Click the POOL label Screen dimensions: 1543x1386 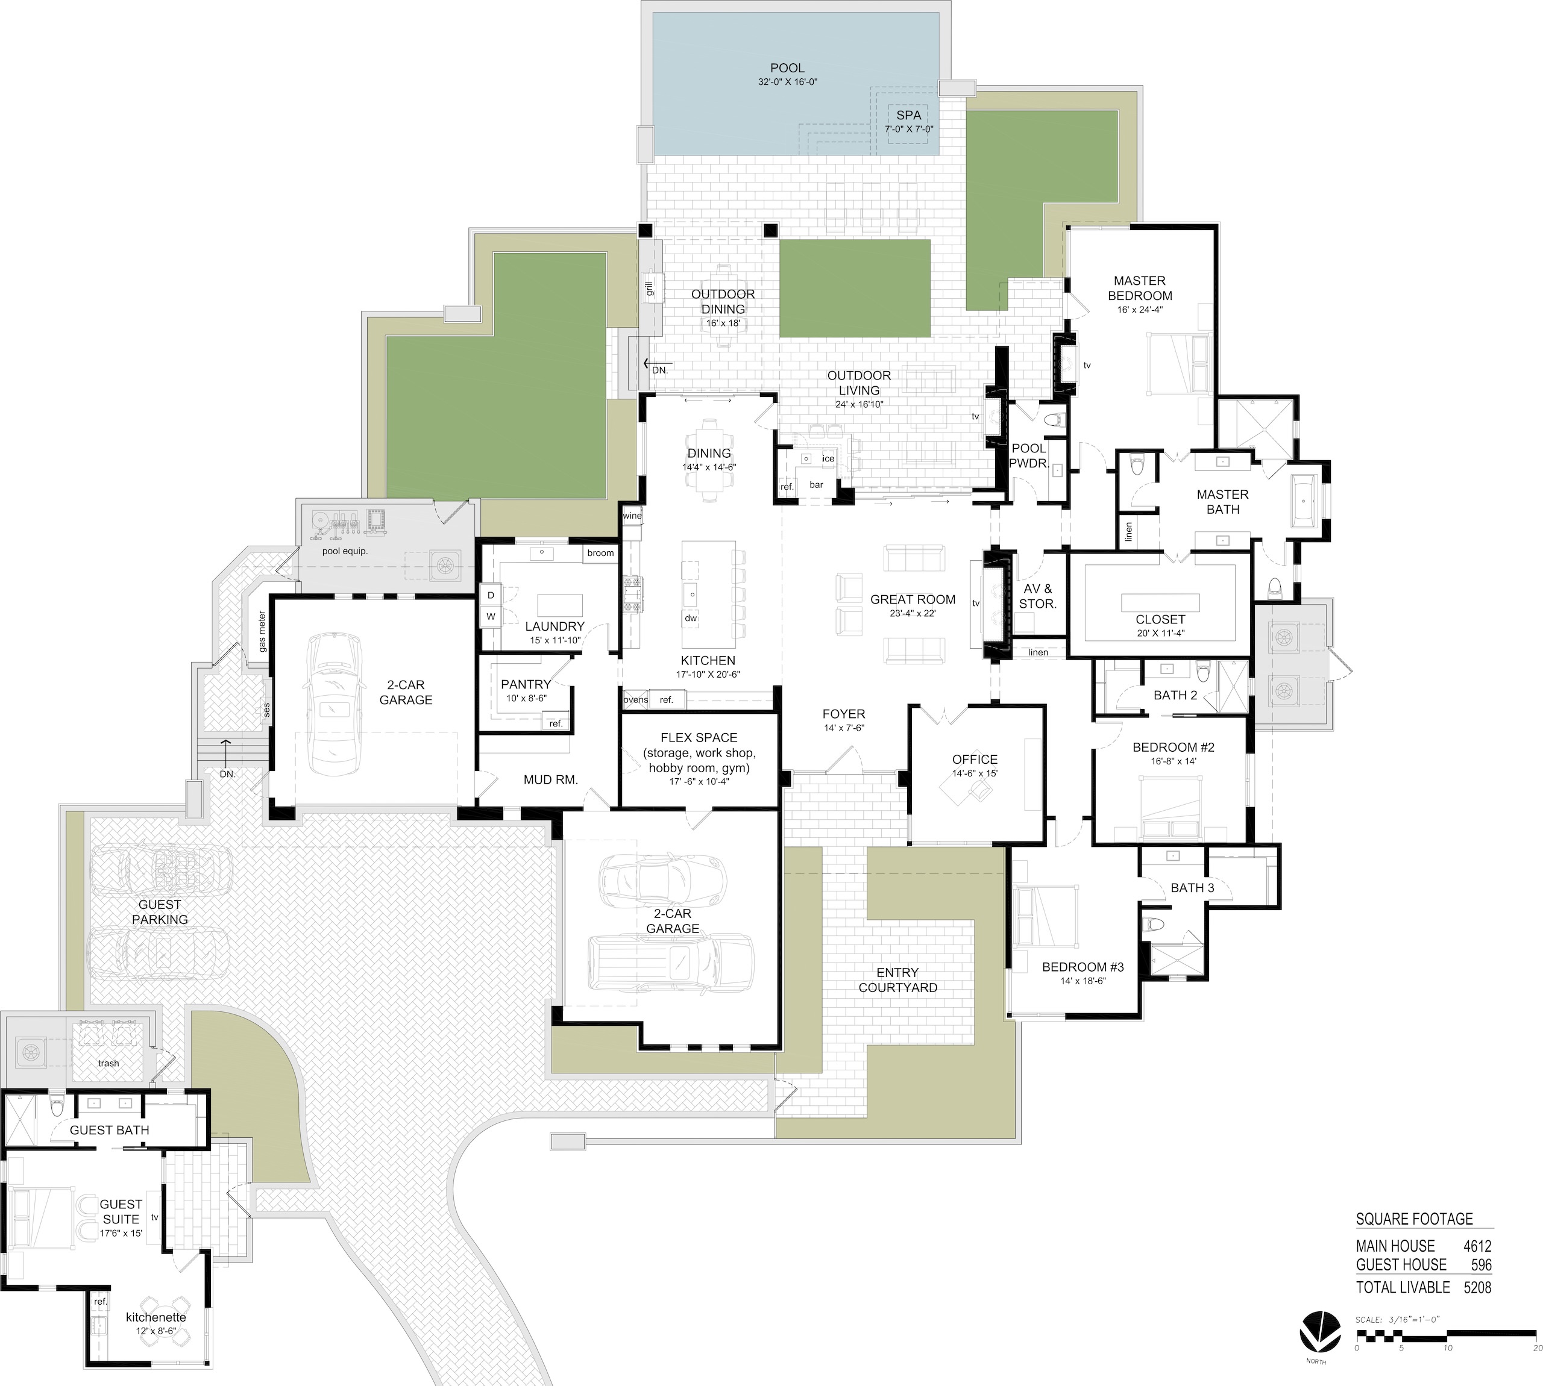click(x=787, y=68)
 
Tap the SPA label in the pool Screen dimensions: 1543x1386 click(x=908, y=115)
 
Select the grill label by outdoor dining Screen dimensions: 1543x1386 click(x=649, y=289)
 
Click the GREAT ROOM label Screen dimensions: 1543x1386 click(x=913, y=599)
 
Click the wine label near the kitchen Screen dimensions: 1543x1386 click(x=632, y=516)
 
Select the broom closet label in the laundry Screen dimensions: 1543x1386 click(x=600, y=553)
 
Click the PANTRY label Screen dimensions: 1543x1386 click(x=526, y=685)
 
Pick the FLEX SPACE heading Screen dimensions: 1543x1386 click(x=699, y=737)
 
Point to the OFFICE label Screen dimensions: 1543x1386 click(x=975, y=759)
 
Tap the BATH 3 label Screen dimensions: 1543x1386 click(x=1192, y=887)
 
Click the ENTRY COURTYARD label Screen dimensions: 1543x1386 click(x=897, y=979)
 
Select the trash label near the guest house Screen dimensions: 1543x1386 click(x=108, y=1063)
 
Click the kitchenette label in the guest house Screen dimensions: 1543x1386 click(x=156, y=1317)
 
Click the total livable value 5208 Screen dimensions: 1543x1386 click(x=1477, y=1287)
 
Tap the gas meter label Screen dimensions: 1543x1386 click(x=262, y=631)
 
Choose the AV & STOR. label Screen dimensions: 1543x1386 click(x=1038, y=596)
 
